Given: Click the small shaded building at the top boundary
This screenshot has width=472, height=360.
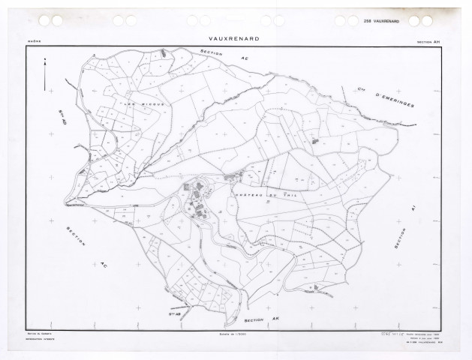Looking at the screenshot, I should tap(164, 54).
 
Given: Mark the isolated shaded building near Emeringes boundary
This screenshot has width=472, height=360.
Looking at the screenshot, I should tap(315, 141).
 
